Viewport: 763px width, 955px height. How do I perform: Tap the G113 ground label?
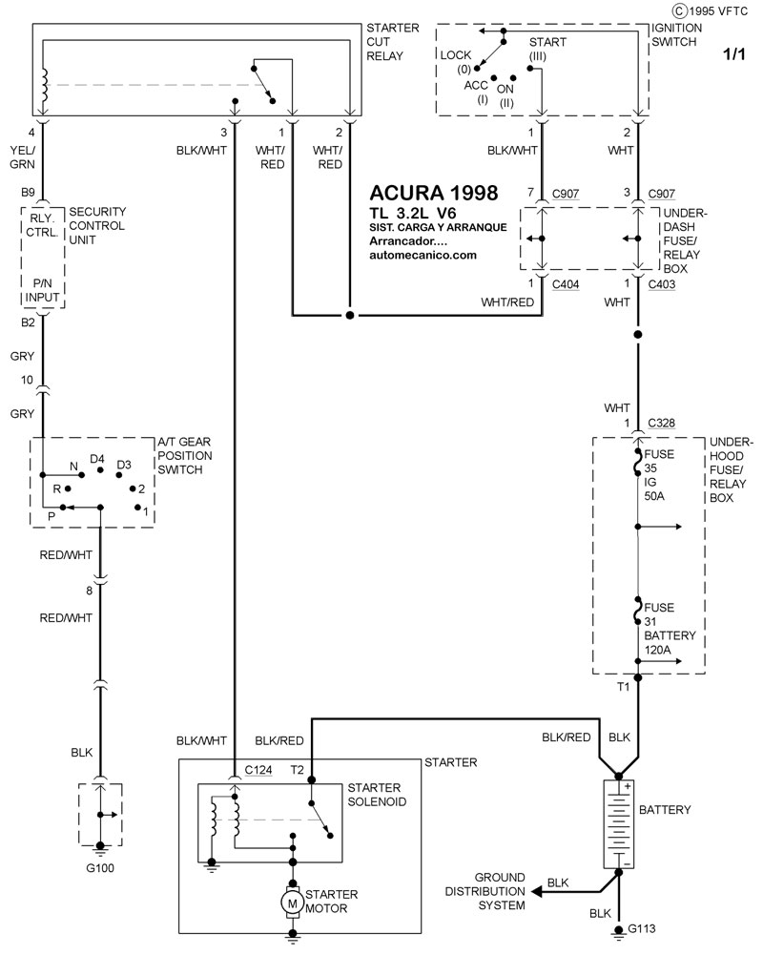[641, 928]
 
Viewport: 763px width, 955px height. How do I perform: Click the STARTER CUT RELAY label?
[392, 42]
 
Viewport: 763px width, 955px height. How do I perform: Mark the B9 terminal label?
[31, 193]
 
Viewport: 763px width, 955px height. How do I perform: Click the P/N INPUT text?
[44, 291]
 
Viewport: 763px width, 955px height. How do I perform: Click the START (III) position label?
[547, 50]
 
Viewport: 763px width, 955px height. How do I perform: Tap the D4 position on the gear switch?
[97, 460]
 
